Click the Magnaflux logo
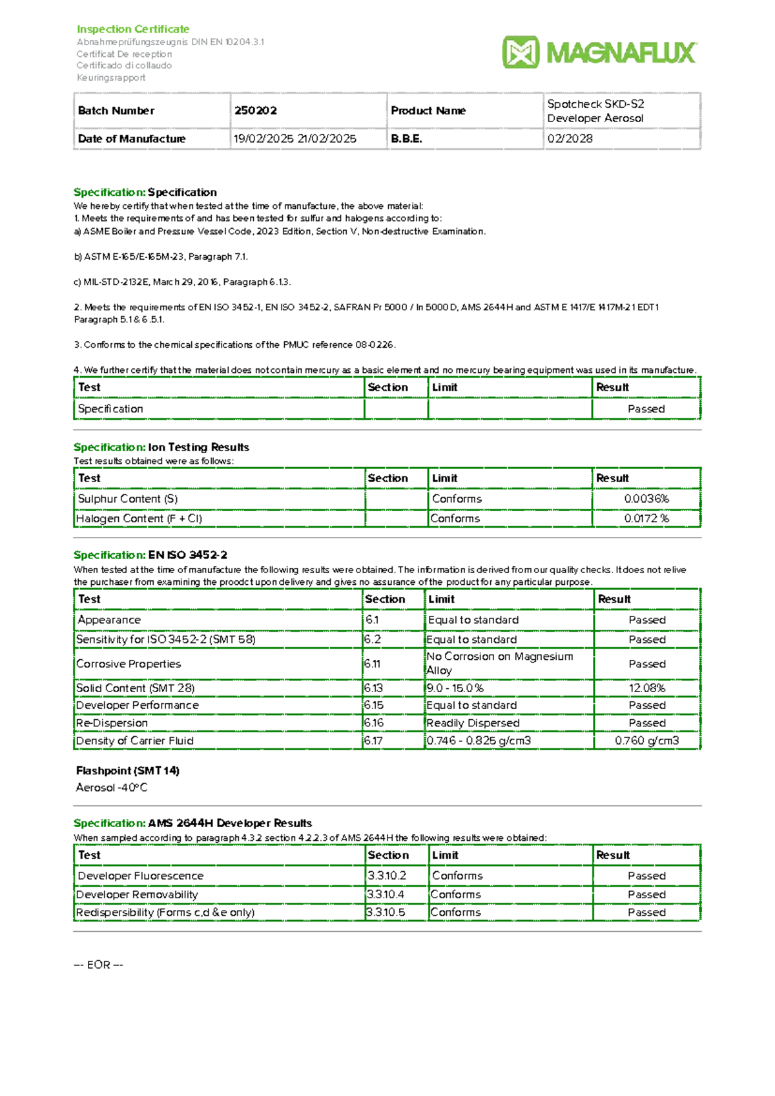(x=599, y=52)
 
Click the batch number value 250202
(x=256, y=111)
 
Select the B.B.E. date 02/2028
(x=570, y=138)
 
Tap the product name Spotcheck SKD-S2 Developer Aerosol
(x=595, y=111)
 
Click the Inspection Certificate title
(x=133, y=29)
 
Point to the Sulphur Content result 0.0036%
(x=646, y=499)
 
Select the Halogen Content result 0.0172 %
(x=646, y=518)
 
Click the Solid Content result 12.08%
(x=646, y=688)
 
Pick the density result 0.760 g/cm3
(x=646, y=741)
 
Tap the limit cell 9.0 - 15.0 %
(x=455, y=688)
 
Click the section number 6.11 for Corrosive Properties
(x=372, y=664)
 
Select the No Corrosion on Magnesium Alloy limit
(x=499, y=664)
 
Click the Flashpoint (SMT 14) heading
(x=128, y=770)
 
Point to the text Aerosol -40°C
(x=112, y=788)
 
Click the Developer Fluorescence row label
(x=141, y=876)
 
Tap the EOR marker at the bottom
(x=98, y=965)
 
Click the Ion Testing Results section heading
(x=198, y=447)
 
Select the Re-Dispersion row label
(x=112, y=723)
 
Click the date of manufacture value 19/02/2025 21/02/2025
(x=295, y=138)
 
